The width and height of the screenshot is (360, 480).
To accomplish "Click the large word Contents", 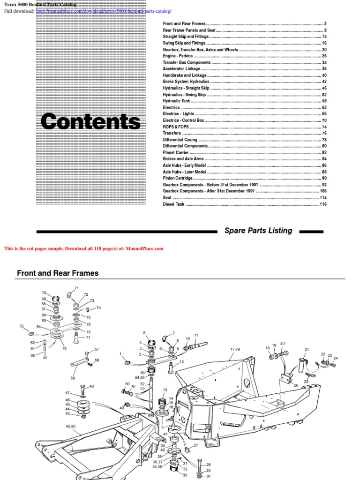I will pos(90,122).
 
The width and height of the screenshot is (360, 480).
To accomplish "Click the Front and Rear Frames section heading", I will pos(58,273).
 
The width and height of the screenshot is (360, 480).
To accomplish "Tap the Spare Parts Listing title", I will pos(258,231).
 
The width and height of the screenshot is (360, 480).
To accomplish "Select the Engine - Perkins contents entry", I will pos(178,56).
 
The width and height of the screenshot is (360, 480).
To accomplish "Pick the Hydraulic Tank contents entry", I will pos(177,101).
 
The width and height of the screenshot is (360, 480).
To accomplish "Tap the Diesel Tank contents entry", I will pos(173,204).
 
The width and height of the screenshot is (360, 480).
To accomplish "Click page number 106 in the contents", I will pos(323,191).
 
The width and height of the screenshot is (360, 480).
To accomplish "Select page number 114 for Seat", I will pos(323,198).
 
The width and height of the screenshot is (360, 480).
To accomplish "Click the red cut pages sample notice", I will pos(83,249).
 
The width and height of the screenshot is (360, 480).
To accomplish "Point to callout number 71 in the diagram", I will pos(76,288).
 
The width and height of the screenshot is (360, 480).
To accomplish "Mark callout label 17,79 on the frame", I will pos(234,349).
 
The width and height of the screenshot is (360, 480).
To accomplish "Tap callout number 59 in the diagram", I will pos(73,378).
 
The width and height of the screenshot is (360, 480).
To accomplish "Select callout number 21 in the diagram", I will pos(307,350).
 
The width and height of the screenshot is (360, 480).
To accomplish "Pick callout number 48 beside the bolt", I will pos(91,386).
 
